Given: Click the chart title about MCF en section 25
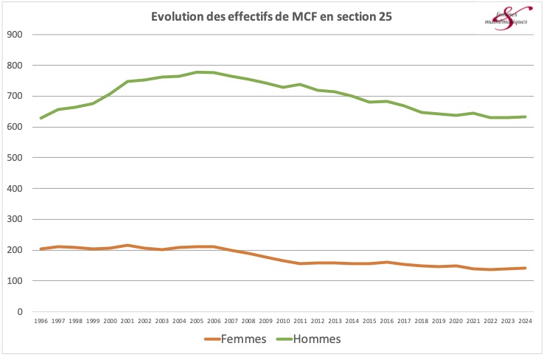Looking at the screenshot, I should [272, 16].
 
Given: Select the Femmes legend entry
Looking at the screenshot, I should [235, 339].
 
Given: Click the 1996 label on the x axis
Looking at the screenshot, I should [41, 321].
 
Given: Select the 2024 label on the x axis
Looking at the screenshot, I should [524, 321].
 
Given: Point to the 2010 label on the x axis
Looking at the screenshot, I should [282, 321].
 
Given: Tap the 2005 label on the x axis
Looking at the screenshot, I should [196, 321].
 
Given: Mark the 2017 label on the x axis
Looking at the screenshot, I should [403, 321].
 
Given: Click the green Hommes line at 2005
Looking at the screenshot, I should [196, 72].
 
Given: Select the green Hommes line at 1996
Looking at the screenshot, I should [41, 118].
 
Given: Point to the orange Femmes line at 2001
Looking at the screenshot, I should [127, 246].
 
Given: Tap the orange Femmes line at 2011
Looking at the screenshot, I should [299, 263].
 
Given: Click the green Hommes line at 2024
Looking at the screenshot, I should [524, 117].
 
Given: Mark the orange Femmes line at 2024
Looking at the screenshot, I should [524, 268].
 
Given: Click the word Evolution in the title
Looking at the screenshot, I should [175, 16].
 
